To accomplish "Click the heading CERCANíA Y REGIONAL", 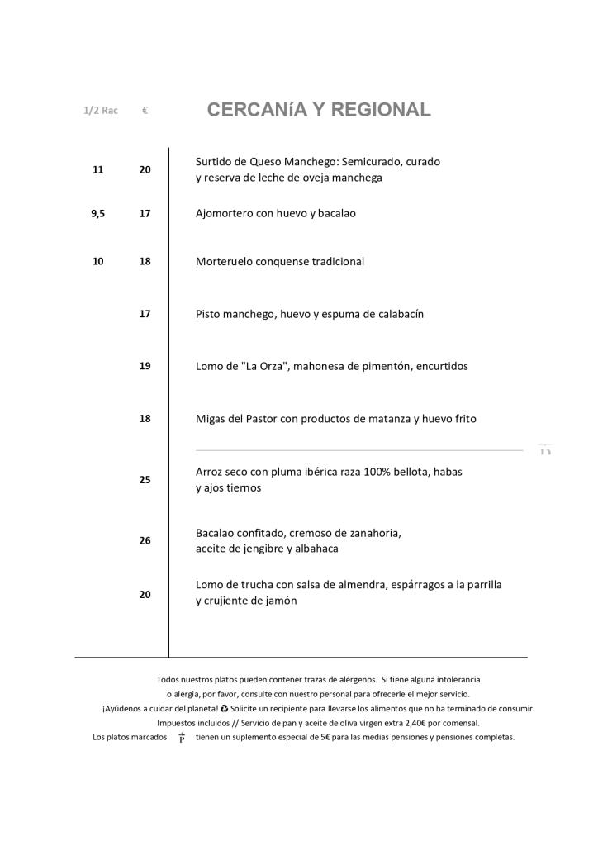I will click(x=319, y=110).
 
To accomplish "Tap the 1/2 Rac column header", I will click(x=100, y=110).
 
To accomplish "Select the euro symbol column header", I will click(x=145, y=110).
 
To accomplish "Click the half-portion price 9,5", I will click(x=97, y=213).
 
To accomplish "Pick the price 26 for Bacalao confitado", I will click(x=145, y=541).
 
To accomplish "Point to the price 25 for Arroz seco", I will click(x=145, y=479).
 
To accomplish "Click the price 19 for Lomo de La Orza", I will click(x=145, y=366).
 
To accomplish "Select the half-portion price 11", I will click(x=97, y=169).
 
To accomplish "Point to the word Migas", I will click(x=211, y=419).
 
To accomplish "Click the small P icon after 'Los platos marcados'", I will click(x=182, y=738).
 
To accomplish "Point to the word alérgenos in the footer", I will click(x=352, y=679).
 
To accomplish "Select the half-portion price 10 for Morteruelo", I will click(x=97, y=262).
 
